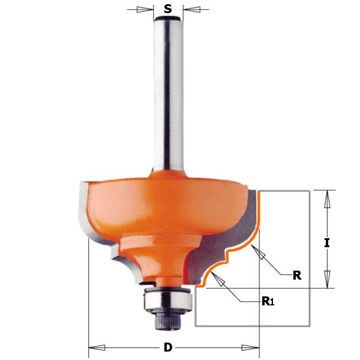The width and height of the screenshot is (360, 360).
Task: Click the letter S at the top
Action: (168, 9)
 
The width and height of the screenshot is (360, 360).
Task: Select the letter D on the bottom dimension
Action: (168, 347)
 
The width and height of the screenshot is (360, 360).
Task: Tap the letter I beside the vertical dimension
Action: (327, 243)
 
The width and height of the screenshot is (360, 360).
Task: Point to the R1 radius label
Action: (268, 301)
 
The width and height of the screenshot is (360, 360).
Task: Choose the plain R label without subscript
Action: (296, 275)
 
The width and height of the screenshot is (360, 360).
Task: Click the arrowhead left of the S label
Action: (144, 9)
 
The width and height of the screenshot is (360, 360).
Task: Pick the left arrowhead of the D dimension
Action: (97, 347)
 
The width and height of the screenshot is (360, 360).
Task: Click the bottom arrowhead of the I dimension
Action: (327, 279)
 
